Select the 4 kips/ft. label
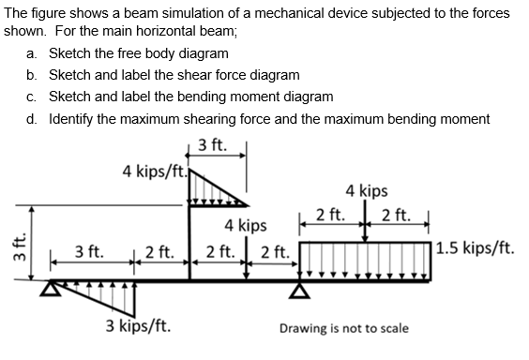[x=155, y=172]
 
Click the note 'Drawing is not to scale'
[x=343, y=329]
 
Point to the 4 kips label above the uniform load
[x=367, y=191]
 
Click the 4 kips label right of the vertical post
[x=246, y=225]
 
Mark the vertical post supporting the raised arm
[x=190, y=244]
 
